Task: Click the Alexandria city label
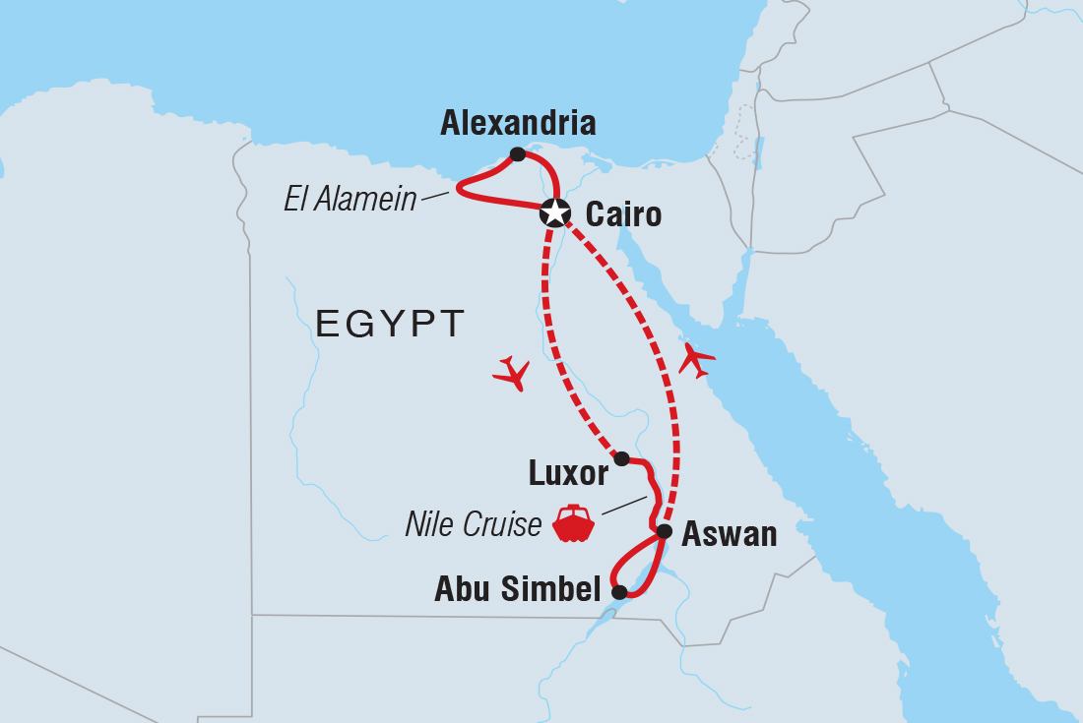(x=518, y=123)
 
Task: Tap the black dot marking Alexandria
(x=518, y=153)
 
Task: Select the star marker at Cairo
(x=556, y=211)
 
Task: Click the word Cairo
(x=623, y=213)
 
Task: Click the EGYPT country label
(x=390, y=324)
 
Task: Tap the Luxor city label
(x=569, y=474)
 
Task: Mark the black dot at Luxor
(x=621, y=458)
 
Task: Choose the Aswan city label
(x=730, y=534)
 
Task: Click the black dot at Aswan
(x=665, y=531)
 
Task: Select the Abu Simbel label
(x=518, y=589)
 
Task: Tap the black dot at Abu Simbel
(x=619, y=592)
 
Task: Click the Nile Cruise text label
(x=474, y=524)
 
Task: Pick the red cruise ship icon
(x=573, y=523)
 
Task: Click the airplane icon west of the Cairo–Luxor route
(x=512, y=373)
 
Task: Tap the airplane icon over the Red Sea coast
(x=696, y=359)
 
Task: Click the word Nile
(x=430, y=524)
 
